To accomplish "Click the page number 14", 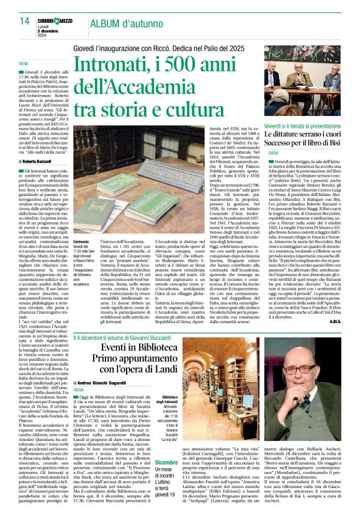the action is coord(24,21).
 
